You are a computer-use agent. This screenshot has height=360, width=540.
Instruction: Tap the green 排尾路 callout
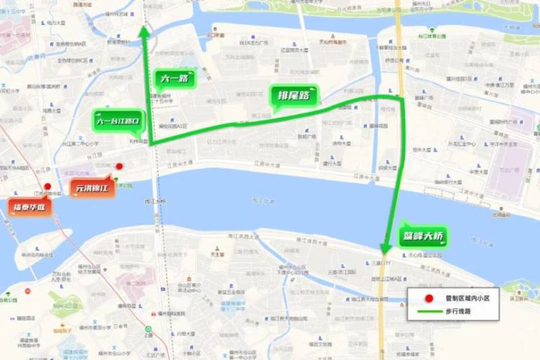click(x=294, y=96)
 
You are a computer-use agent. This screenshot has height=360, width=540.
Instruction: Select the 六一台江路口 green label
click(x=118, y=122)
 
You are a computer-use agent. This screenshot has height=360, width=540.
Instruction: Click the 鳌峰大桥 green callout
click(x=421, y=236)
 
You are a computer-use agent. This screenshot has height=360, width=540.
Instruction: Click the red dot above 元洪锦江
click(x=119, y=166)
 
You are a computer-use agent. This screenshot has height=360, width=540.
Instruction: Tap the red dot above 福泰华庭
click(x=47, y=187)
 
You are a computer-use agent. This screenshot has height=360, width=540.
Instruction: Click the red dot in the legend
click(x=427, y=298)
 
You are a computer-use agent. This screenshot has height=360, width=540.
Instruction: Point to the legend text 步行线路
click(x=458, y=311)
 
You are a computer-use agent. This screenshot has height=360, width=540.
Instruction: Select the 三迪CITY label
click(x=381, y=263)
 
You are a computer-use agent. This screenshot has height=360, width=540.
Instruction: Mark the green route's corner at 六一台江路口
click(x=151, y=144)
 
